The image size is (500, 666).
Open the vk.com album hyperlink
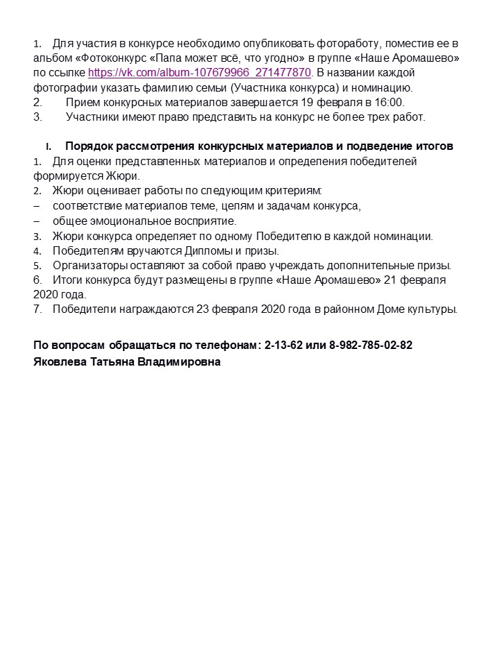pos(199,73)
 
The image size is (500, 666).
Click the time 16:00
pos(390,102)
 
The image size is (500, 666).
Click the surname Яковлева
pos(60,361)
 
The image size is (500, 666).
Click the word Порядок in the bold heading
pos(89,146)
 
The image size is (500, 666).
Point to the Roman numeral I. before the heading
pos(49,147)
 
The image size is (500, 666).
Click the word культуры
pos(433,309)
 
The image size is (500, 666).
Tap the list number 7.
pos(37,309)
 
